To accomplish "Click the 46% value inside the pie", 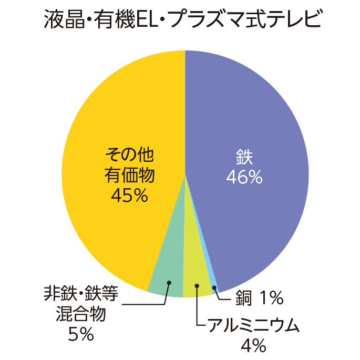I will coord(244,178).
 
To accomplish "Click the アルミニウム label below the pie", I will coord(253,326).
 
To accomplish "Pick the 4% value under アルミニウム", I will coord(253,345).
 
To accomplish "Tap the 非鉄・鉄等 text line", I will coord(81,294).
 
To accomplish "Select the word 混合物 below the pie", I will coord(81,314).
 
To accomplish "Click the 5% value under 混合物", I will coord(81,334).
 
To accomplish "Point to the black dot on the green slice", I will coord(169,283).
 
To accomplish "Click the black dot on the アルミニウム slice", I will coord(197,286).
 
